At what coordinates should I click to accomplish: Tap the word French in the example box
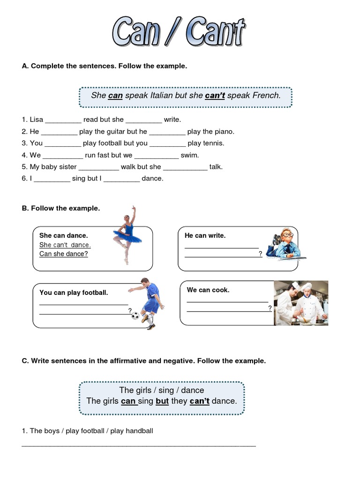[267, 96]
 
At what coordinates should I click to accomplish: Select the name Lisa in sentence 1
[36, 120]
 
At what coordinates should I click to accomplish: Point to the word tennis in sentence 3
[213, 143]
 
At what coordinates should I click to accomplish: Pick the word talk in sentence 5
[216, 166]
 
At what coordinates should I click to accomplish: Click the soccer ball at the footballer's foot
[135, 315]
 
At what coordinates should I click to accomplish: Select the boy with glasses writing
[285, 244]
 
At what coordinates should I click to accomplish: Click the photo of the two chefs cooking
[300, 303]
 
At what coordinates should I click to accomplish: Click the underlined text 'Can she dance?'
[64, 254]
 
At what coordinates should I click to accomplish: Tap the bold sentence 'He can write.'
[205, 235]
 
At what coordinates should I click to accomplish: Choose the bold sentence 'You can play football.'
[74, 292]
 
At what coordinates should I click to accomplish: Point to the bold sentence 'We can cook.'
[208, 290]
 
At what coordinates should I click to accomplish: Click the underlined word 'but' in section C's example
[162, 401]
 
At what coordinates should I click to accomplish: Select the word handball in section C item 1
[139, 431]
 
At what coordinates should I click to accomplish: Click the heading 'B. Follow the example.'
[61, 208]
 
